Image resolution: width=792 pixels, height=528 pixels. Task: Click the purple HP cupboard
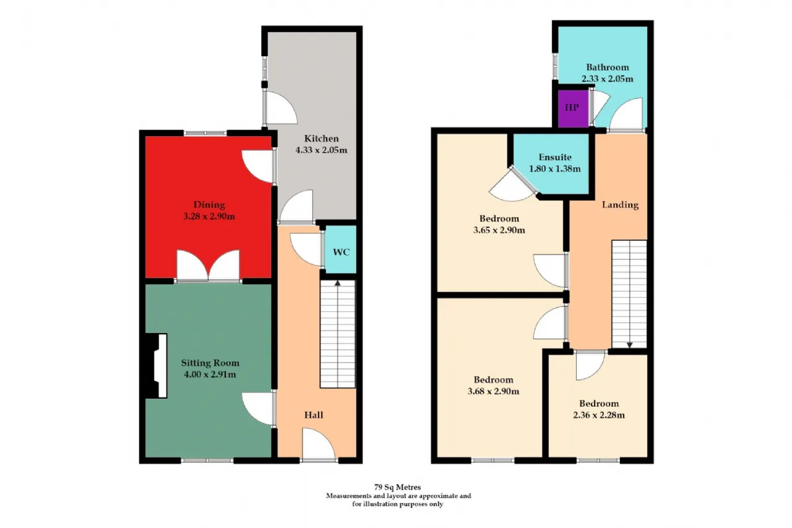coord(573,108)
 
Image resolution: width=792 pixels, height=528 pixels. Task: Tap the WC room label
coord(341,252)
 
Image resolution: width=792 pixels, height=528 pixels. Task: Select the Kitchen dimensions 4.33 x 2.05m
coord(321,150)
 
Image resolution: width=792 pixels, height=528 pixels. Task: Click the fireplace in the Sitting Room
coord(155,366)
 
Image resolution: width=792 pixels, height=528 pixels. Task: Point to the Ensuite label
coord(555,157)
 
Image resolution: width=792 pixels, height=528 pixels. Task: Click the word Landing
coord(620,205)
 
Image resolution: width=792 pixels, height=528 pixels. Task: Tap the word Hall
coord(314,415)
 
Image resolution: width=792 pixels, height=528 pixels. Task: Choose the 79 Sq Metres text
coord(397,487)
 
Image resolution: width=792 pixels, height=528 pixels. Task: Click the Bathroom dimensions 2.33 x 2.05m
coord(608,79)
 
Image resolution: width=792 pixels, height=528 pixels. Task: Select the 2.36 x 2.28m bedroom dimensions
coord(599,415)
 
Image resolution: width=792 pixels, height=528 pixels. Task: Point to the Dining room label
coord(209,205)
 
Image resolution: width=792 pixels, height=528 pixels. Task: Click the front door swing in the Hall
coord(318,444)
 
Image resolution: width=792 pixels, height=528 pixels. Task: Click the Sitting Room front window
coord(207,461)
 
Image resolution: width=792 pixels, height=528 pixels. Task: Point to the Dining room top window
coord(205,133)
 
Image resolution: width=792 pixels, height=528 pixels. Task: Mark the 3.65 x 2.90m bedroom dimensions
coord(499,230)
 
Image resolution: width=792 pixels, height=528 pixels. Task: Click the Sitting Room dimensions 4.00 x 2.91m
coord(210,374)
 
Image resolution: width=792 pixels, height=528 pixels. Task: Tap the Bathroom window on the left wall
coord(555,66)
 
